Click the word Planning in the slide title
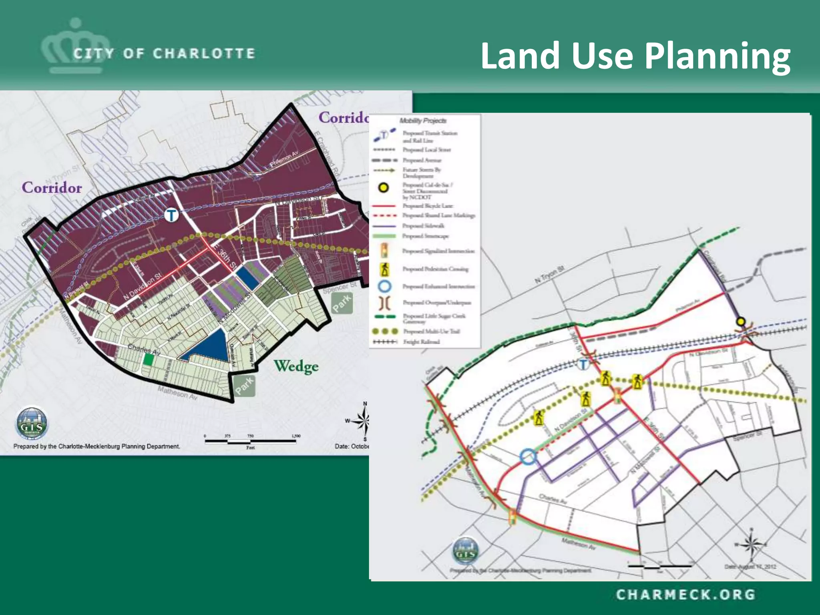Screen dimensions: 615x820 (x=717, y=57)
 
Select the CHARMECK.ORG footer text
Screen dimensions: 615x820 (x=685, y=595)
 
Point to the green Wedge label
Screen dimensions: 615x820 (x=296, y=366)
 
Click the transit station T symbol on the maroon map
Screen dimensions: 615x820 (x=171, y=215)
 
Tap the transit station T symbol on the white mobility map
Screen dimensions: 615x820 (x=583, y=364)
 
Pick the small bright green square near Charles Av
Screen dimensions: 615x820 (x=149, y=360)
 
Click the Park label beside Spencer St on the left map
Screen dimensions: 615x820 (x=342, y=303)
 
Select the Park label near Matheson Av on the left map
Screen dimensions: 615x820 (x=244, y=386)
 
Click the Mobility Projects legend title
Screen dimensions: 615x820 (x=423, y=121)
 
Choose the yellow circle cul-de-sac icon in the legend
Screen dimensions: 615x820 (x=384, y=187)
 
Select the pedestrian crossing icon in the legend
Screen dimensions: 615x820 (x=385, y=269)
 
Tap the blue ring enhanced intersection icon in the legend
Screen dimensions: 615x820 (x=385, y=287)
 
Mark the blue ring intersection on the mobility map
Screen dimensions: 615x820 (x=528, y=456)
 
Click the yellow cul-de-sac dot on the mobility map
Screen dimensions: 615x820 (x=741, y=321)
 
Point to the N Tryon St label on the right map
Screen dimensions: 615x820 (x=549, y=275)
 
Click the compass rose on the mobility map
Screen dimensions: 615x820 (x=752, y=544)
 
